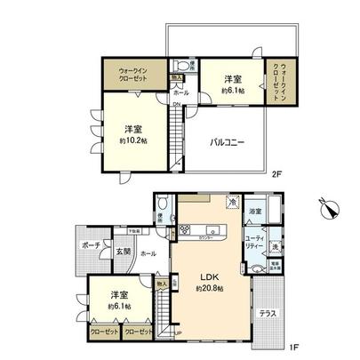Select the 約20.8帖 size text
coord(205,288)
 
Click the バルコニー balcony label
coord(228,142)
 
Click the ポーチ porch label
coord(91,245)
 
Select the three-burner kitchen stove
coord(188,229)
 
